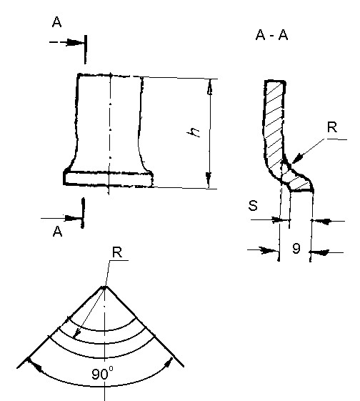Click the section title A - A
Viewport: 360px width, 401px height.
tap(271, 35)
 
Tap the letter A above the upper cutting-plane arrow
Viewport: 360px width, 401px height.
tap(56, 21)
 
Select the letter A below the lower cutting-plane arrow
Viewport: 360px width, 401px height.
tap(57, 232)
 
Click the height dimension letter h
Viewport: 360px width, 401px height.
tap(194, 132)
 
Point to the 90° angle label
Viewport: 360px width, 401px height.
tap(102, 373)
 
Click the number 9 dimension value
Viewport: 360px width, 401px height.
tap(296, 248)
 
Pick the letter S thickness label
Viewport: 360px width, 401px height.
tap(253, 205)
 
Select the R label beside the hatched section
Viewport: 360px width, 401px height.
tap(332, 127)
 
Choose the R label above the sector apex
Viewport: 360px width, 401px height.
tap(117, 252)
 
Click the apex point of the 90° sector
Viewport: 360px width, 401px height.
tap(105, 287)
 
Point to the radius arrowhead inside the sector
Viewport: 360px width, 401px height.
tap(77, 333)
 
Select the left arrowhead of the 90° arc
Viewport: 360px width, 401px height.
tap(35, 365)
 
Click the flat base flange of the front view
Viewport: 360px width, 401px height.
tap(109, 178)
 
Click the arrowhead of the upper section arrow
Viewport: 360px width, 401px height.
tap(75, 42)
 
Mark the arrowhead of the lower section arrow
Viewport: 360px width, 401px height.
tap(73, 219)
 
